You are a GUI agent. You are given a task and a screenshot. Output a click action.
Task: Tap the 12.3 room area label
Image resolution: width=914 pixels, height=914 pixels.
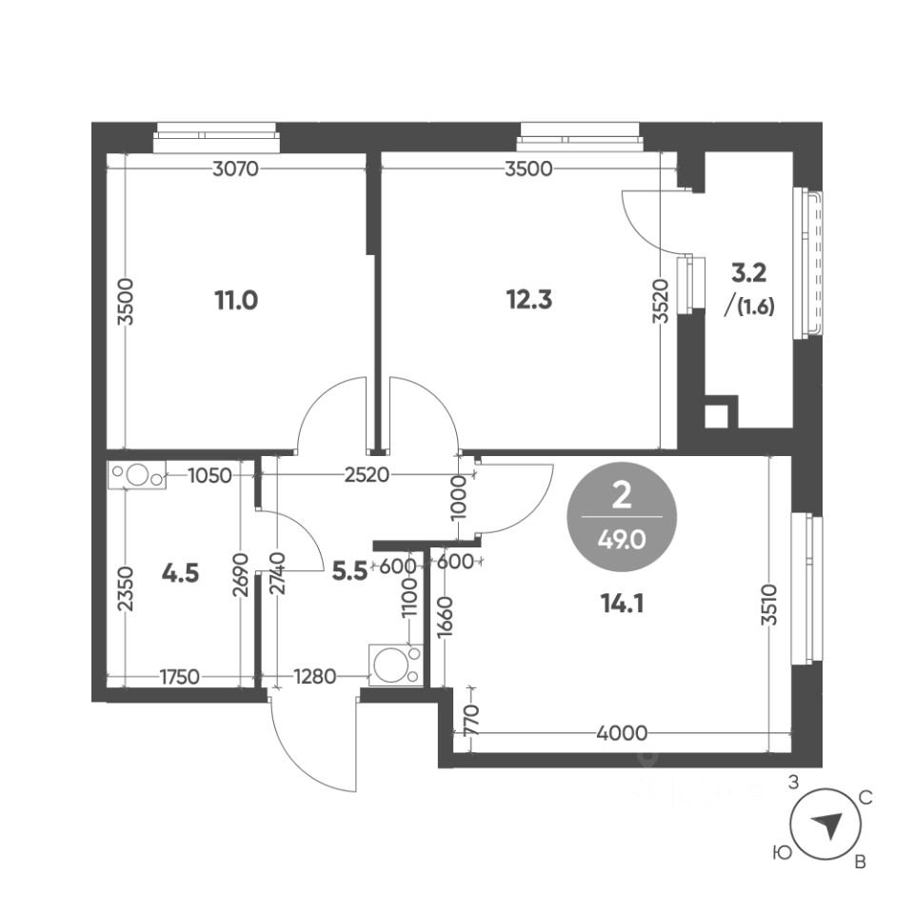pos(529,300)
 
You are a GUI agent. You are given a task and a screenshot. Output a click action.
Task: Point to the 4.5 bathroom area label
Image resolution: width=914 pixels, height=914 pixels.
pos(181,574)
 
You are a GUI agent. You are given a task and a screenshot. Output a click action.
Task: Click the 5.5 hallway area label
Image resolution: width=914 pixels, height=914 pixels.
pos(348,574)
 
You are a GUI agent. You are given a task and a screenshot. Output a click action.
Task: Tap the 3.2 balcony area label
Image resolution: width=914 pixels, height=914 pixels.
pos(748,273)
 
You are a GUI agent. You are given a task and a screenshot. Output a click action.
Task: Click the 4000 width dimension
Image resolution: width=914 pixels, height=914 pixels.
pos(624,732)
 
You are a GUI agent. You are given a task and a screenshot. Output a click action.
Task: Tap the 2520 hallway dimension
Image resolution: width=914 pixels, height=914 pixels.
pos(368,475)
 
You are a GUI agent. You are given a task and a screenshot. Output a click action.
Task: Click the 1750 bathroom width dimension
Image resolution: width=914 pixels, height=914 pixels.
pos(179,677)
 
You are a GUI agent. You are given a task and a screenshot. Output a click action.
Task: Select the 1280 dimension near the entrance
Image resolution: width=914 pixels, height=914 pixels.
pos(315,677)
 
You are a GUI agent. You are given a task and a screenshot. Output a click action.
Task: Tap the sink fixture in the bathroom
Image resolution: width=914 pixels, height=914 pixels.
pos(137,474)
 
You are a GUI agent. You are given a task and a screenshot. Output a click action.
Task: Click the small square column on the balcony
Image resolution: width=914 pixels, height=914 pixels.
pos(715,415)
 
